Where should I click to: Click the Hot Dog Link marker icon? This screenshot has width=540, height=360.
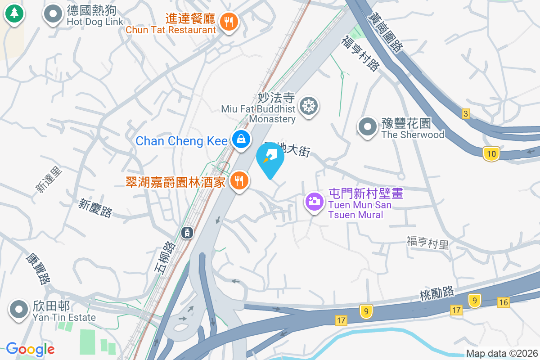click(x=53, y=14)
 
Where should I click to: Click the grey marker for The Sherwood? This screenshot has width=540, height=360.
click(x=367, y=127)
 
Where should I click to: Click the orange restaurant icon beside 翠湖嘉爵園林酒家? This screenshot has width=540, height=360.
click(x=239, y=180)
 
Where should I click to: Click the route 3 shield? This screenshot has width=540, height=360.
click(x=465, y=114)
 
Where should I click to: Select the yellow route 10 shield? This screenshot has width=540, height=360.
click(x=491, y=154)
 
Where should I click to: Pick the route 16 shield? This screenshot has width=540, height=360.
click(x=504, y=302)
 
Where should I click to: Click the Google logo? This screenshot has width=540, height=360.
click(x=30, y=349)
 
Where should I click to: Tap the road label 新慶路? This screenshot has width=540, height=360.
click(x=95, y=208)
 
